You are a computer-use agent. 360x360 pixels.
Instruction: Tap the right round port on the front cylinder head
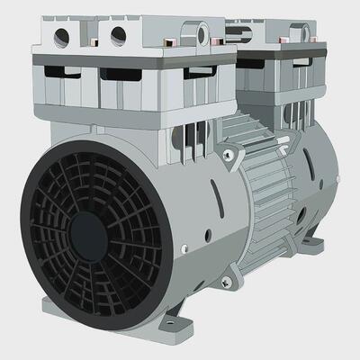tap(117, 37)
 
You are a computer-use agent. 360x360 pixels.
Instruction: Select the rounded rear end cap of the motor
tap(319, 180)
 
